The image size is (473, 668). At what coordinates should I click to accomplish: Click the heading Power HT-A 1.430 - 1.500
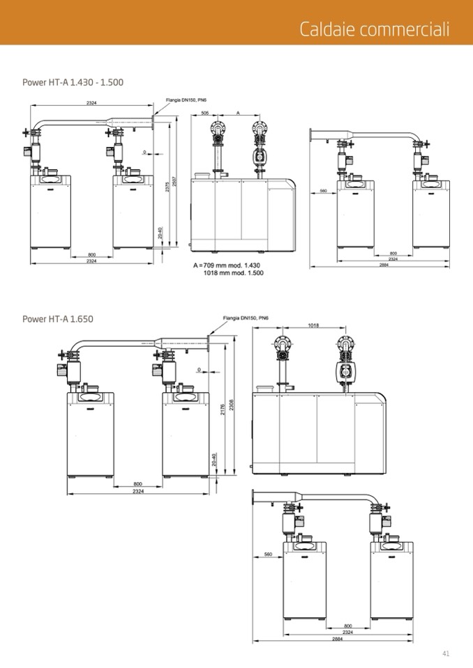(x=73, y=82)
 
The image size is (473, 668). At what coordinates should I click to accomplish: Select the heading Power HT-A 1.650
(x=57, y=319)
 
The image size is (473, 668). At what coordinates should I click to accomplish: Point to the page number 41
(x=445, y=653)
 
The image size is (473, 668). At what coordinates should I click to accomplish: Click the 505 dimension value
(x=204, y=112)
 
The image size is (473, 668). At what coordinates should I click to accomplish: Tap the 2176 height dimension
(x=222, y=411)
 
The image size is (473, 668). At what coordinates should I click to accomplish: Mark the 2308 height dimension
(x=231, y=406)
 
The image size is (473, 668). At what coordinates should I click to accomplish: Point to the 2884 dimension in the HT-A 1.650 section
(x=337, y=638)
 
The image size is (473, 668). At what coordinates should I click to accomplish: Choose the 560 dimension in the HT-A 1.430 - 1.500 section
(x=323, y=190)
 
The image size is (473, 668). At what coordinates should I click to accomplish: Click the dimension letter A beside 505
(x=238, y=112)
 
